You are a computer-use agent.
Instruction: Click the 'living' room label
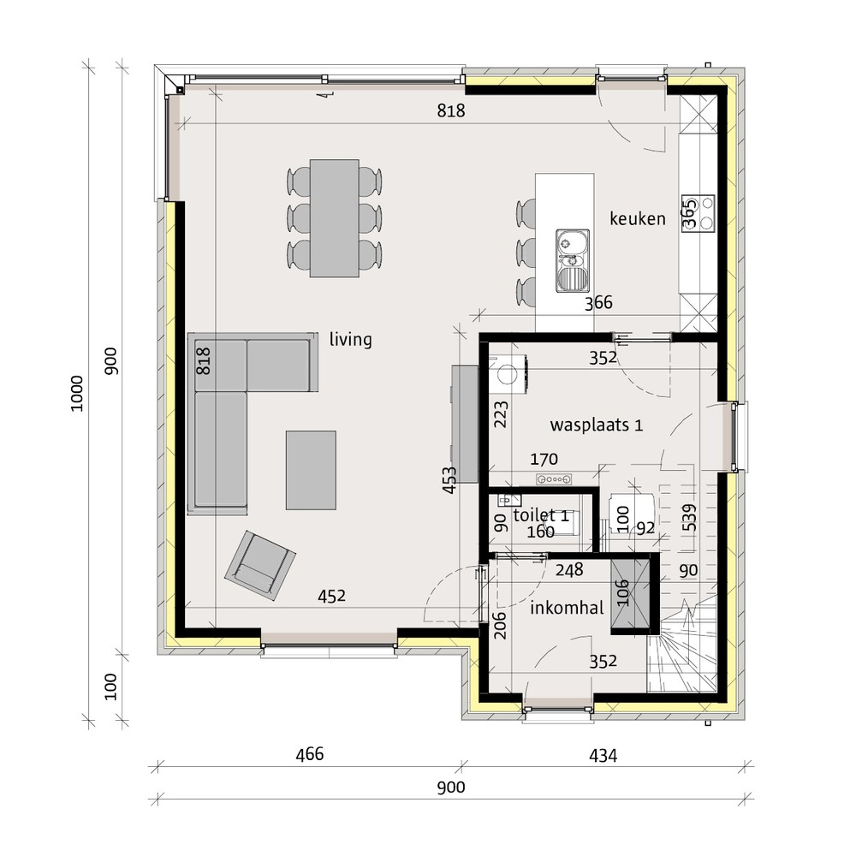point(350,340)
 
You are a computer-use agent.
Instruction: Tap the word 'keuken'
point(638,219)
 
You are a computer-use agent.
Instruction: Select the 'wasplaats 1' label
point(596,425)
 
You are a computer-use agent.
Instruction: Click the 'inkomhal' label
point(567,608)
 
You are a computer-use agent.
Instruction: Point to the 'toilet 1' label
point(542,514)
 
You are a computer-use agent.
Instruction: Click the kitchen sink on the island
point(573,260)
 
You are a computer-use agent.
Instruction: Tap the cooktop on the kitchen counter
point(698,213)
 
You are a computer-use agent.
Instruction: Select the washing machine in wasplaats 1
point(508,373)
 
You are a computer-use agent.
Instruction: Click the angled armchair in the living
point(260,566)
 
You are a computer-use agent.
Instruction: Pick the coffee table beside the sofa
point(311,470)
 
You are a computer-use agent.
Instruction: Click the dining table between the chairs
point(334,217)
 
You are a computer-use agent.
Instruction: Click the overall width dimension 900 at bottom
point(451,788)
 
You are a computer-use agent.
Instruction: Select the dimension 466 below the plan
point(310,754)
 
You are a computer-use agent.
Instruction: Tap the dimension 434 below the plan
point(603,756)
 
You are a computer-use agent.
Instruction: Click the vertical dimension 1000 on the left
point(77,394)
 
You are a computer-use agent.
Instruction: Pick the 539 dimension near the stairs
point(689,518)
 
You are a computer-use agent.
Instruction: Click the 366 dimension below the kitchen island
point(598,303)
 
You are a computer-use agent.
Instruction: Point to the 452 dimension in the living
point(331,596)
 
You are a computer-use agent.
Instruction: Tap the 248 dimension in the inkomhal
point(569,570)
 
